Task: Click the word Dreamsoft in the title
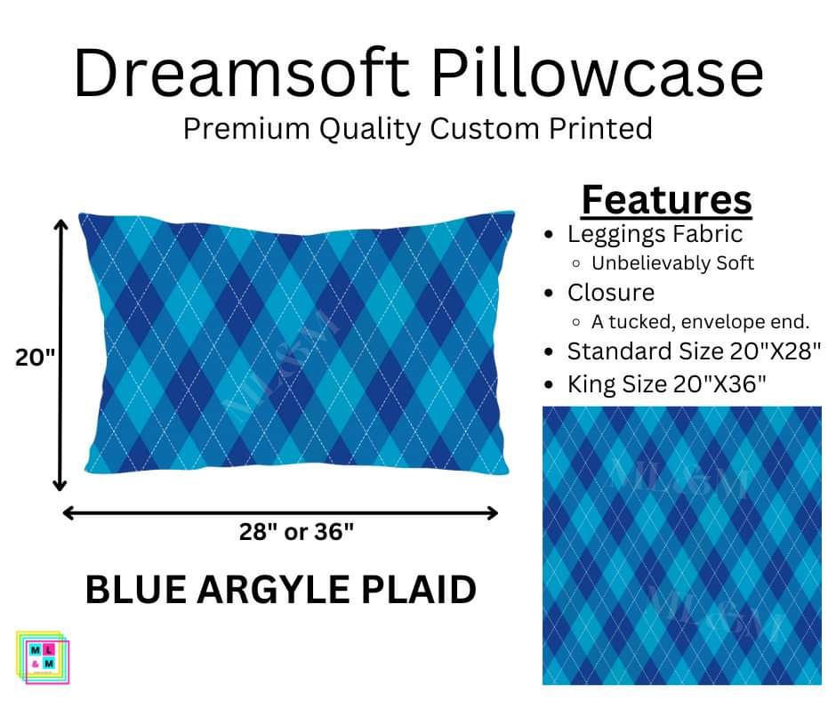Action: click(x=242, y=73)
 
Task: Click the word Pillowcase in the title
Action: click(x=597, y=73)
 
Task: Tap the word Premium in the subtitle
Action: click(x=247, y=129)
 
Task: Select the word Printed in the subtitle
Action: click(x=601, y=129)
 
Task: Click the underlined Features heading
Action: click(x=666, y=200)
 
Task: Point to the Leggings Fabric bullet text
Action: click(x=655, y=234)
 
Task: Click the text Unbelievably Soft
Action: click(x=673, y=263)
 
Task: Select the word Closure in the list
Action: click(x=611, y=293)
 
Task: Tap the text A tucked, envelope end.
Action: click(x=700, y=322)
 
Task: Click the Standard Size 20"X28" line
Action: click(x=694, y=351)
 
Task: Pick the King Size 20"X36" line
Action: click(x=666, y=384)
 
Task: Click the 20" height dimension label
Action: click(x=35, y=357)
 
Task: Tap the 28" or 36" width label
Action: click(x=296, y=532)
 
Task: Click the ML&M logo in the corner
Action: click(x=42, y=657)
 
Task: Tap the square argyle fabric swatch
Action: click(x=682, y=545)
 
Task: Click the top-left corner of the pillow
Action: click(x=80, y=214)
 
